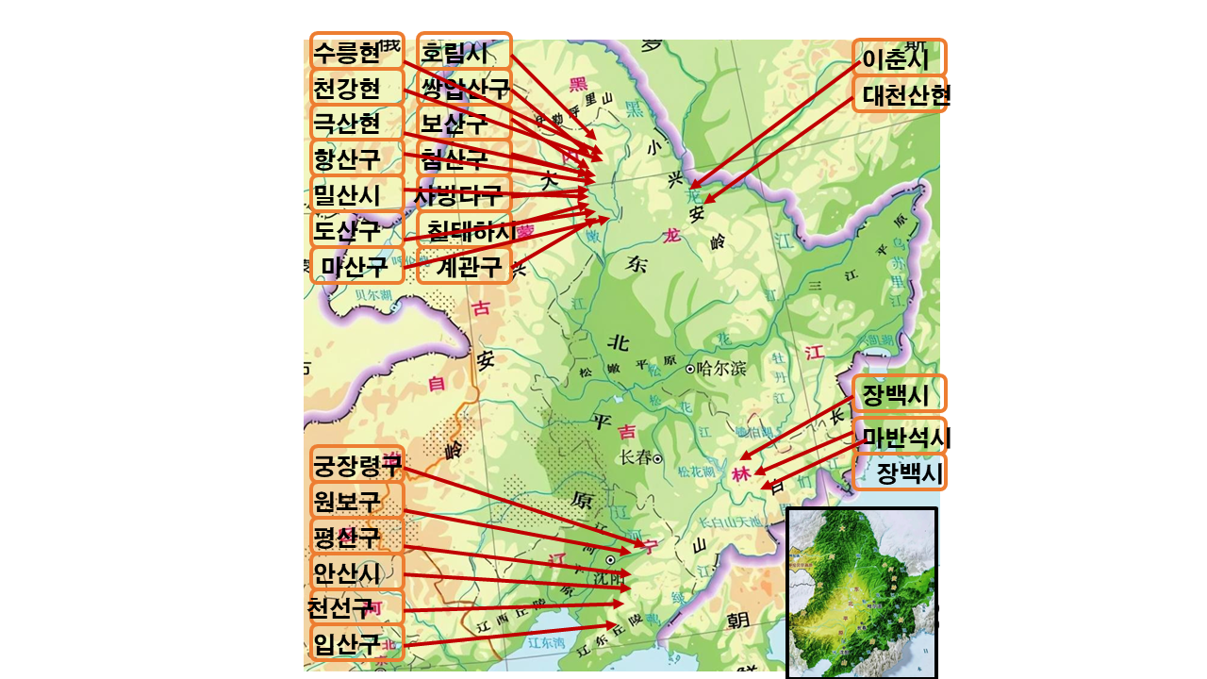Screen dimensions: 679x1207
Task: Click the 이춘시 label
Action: [899, 58]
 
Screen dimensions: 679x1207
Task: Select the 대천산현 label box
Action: [901, 94]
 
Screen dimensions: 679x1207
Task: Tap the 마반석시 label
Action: [901, 437]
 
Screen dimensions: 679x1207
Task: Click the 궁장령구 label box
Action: [356, 464]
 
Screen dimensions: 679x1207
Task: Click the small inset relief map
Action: [861, 592]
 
